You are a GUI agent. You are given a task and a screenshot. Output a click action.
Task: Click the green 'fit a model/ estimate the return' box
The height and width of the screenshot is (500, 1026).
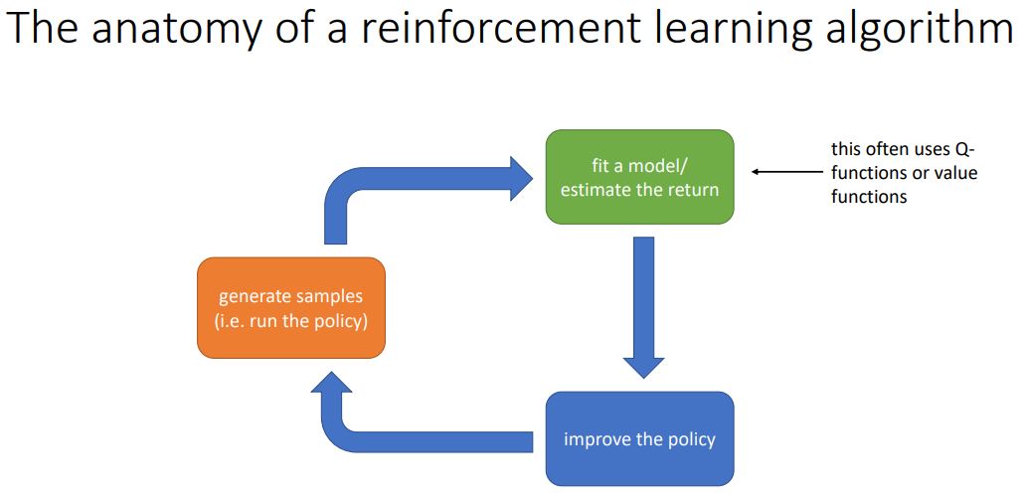click(x=639, y=176)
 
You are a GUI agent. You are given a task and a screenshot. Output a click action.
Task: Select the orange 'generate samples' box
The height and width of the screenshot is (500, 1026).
click(x=290, y=308)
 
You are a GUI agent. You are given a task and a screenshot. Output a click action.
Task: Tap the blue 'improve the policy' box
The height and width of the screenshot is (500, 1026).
click(x=639, y=438)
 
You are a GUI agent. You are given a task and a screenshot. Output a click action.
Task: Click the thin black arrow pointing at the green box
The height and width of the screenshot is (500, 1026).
click(x=786, y=172)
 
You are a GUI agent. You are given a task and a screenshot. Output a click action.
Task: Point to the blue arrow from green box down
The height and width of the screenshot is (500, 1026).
click(x=643, y=304)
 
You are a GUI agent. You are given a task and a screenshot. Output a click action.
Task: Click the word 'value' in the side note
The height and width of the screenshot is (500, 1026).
click(x=955, y=173)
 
